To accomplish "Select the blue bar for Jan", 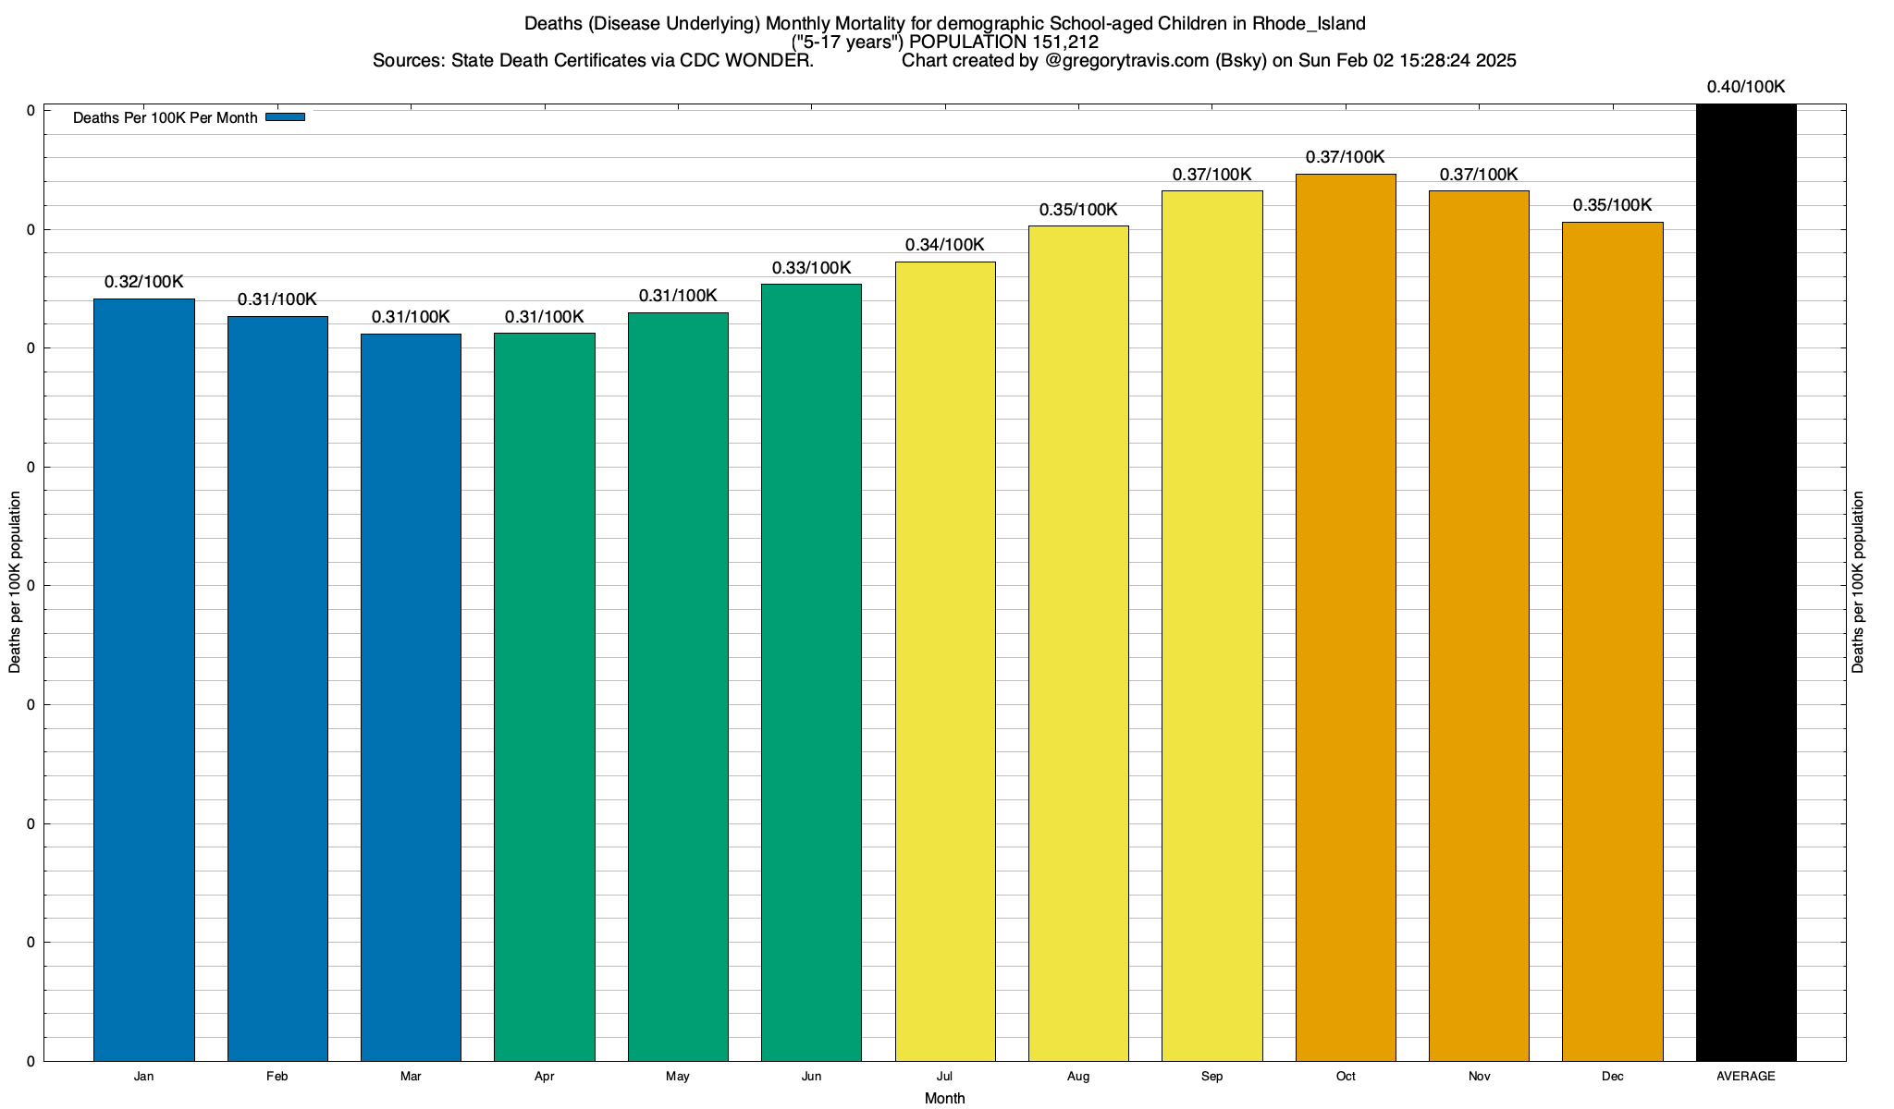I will coord(144,679).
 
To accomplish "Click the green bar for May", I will coord(678,687).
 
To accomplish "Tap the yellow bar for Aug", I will coord(1078,643).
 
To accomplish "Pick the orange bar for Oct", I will coord(1346,617).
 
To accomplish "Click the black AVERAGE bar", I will coord(1746,582).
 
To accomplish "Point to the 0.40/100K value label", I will coord(1746,87).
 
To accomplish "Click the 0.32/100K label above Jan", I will coord(144,282).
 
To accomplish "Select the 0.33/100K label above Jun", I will coord(811,268).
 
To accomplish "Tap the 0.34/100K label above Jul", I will coord(944,245).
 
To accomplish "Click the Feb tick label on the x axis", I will coord(277,1077).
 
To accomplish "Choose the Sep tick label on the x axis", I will coord(1211,1077).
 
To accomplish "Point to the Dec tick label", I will coord(1613,1077).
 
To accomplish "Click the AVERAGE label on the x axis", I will coord(1746,1077).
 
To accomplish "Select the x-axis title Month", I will coord(944,1099).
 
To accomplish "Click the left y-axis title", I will coord(15,582).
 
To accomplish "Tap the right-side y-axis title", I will coord(1859,582).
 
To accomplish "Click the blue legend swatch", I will coord(285,117).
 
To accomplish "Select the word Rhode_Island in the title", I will coord(1309,23).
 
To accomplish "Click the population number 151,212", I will coord(1064,42).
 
